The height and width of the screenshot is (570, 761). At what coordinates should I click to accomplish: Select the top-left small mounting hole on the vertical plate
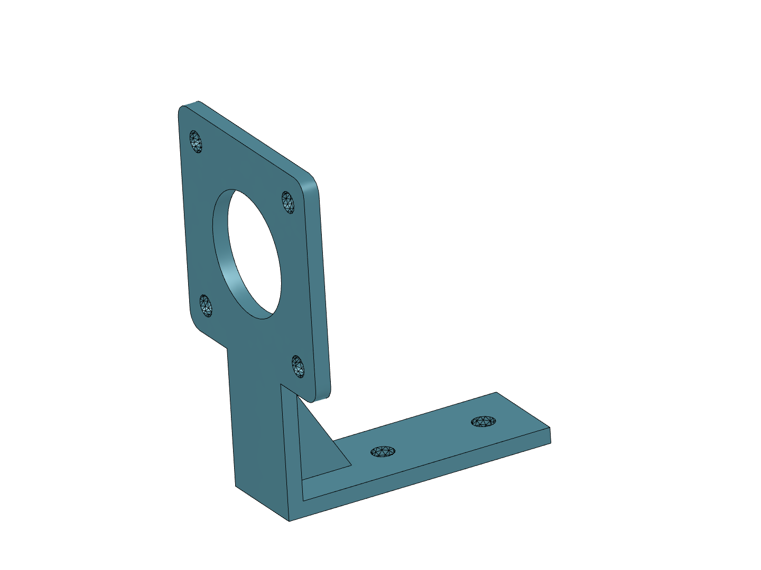pyautogui.click(x=196, y=141)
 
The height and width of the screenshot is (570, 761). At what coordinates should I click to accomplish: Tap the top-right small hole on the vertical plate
pyautogui.click(x=288, y=202)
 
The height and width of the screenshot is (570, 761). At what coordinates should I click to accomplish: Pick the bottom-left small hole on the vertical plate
pyautogui.click(x=206, y=306)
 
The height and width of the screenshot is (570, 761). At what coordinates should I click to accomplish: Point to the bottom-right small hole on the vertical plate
pyautogui.click(x=298, y=366)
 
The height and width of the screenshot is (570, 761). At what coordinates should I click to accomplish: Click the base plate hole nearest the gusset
pyautogui.click(x=383, y=452)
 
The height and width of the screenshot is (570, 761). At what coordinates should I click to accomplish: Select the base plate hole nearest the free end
pyautogui.click(x=483, y=422)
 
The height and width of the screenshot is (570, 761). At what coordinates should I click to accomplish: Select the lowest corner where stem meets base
pyautogui.click(x=289, y=520)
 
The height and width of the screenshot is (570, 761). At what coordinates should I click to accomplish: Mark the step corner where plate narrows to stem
pyautogui.click(x=227, y=348)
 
